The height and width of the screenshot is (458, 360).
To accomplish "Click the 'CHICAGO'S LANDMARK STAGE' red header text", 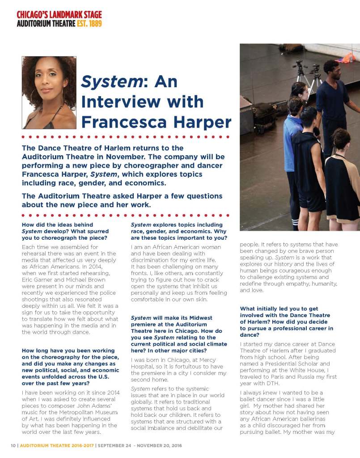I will pos(59,15).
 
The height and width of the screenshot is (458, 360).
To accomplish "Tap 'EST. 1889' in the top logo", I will pos(89,23).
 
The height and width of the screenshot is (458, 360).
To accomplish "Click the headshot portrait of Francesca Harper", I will pos(49,93).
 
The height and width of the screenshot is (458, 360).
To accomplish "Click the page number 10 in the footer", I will pos(13,446).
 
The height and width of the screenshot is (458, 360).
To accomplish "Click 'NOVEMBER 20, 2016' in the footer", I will pos(163,446).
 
